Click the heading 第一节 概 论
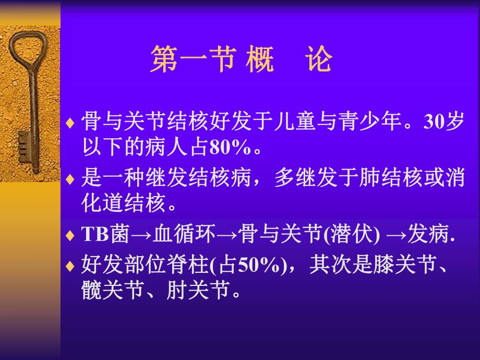pyautogui.click(x=241, y=59)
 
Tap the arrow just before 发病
pyautogui.click(x=397, y=236)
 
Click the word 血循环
pyautogui.click(x=183, y=235)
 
